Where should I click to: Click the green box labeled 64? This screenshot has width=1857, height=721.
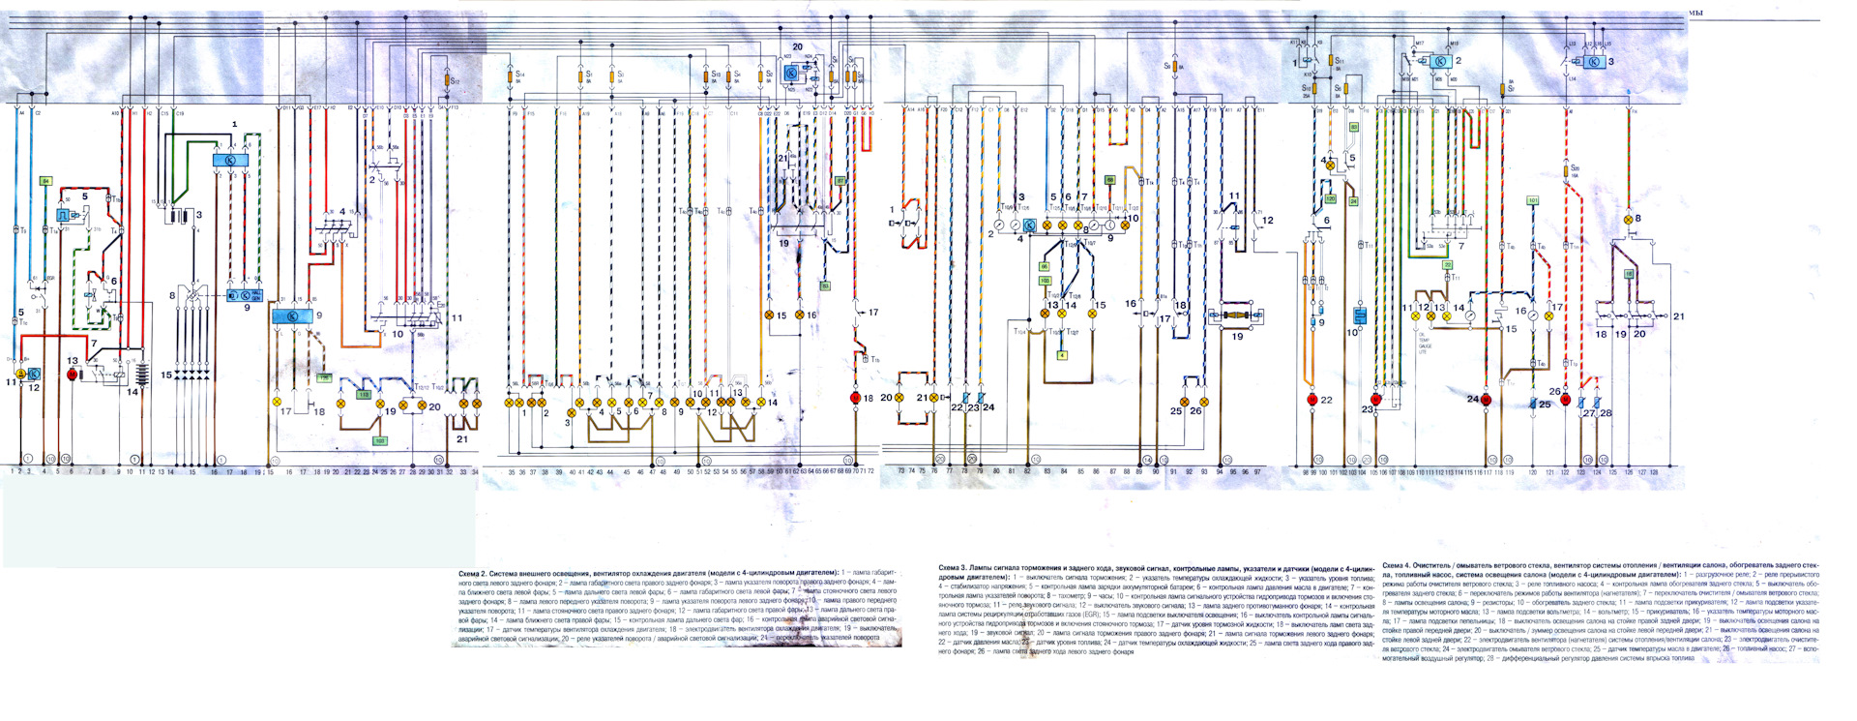44,181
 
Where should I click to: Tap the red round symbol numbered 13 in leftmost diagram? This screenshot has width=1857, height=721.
72,374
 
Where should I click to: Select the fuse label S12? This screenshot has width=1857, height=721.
455,81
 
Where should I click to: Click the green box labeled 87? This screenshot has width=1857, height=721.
840,181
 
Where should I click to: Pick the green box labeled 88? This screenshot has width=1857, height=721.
1110,180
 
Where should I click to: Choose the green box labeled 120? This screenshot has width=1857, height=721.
1330,198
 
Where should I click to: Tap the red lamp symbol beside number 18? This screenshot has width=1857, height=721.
855,398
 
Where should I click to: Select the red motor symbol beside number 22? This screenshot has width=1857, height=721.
1312,400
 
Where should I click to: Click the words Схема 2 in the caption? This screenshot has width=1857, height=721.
473,574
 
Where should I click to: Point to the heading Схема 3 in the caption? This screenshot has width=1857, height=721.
953,567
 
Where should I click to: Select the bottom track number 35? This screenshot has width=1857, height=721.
512,472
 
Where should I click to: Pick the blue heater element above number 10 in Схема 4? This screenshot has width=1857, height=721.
1359,315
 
